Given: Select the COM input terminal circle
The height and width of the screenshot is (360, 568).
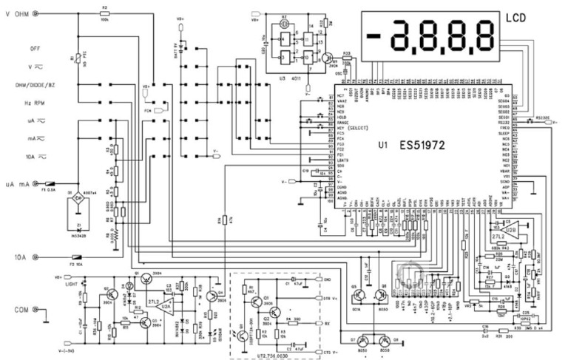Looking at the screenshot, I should pyautogui.click(x=43, y=313).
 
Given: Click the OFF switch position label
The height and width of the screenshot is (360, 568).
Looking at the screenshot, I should pyautogui.click(x=35, y=48).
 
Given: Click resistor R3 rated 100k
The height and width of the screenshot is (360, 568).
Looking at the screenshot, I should pyautogui.click(x=104, y=13).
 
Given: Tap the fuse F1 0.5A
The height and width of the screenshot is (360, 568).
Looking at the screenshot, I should pyautogui.click(x=51, y=183).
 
